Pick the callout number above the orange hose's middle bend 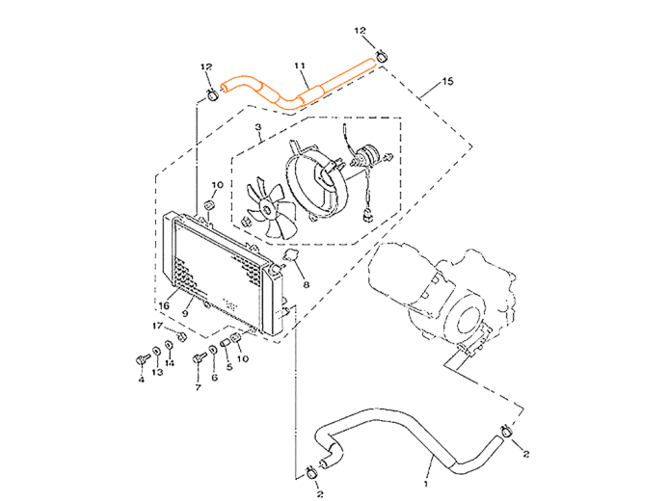(x=301, y=64)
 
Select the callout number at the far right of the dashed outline (x=445, y=82)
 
